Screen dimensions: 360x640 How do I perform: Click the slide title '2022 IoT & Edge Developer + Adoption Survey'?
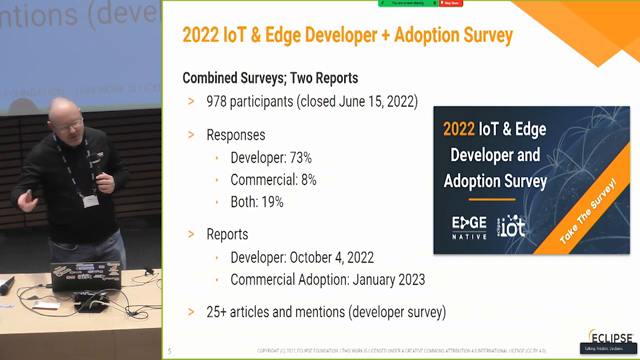(347, 35)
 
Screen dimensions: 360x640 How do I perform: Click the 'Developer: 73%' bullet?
(270, 158)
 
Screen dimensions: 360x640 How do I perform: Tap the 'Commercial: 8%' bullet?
(273, 180)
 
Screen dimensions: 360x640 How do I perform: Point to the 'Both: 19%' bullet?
(256, 202)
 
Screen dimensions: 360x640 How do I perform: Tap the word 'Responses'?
(236, 134)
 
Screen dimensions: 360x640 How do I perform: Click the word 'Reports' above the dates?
(227, 234)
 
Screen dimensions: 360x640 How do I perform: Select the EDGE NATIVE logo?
(470, 224)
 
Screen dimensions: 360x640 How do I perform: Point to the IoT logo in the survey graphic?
(512, 225)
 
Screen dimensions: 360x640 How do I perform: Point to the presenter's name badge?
(90, 200)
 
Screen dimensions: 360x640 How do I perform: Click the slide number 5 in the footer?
(170, 351)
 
